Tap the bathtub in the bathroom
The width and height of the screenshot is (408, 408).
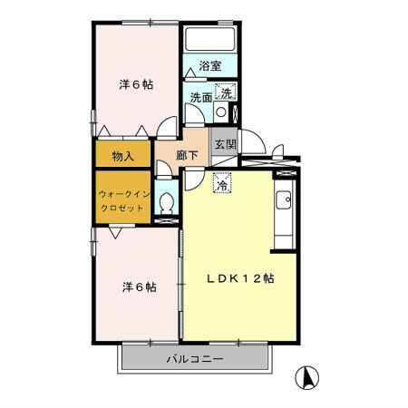tap(210, 40)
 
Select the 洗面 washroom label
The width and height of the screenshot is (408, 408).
tap(201, 97)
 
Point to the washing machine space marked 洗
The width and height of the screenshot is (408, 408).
tap(226, 91)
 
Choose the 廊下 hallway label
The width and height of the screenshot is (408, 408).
tap(189, 155)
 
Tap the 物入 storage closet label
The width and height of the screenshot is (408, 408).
tap(123, 155)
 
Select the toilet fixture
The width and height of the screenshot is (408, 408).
tap(166, 204)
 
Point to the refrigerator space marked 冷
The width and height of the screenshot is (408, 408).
tap(222, 182)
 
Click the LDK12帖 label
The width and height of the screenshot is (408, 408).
tap(238, 279)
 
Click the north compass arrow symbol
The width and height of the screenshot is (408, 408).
tap(308, 375)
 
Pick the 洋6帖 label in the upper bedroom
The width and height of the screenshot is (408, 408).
tap(135, 84)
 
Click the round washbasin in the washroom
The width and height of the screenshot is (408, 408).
tap(221, 113)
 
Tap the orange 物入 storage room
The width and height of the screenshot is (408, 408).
tap(123, 155)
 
